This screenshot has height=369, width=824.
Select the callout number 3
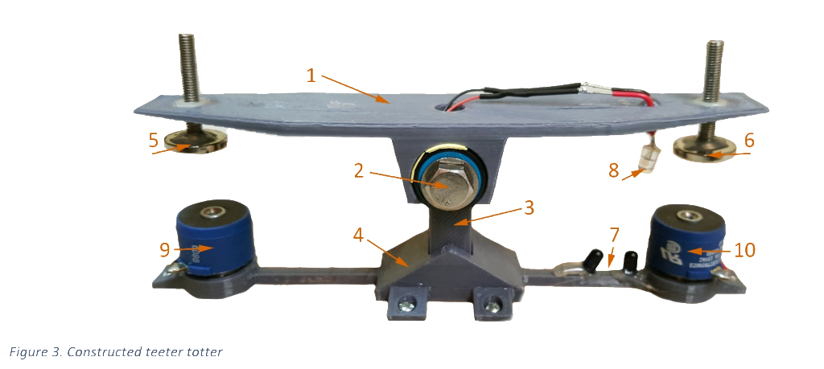pos(529,207)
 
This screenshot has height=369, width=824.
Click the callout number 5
pos(153,141)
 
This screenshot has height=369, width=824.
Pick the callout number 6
pos(749,140)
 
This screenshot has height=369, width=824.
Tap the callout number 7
pos(615,236)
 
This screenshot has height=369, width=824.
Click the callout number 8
pos(613,170)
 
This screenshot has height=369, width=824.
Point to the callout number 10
pos(744,250)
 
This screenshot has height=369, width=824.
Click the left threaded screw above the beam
pos(189,64)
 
